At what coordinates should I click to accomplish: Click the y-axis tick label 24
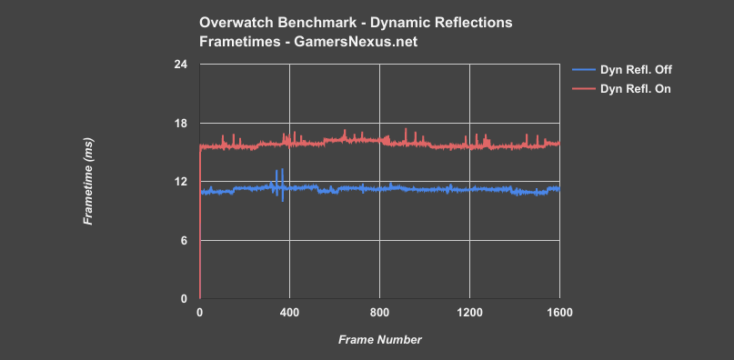pyautogui.click(x=181, y=65)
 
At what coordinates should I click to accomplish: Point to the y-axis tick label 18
pyautogui.click(x=181, y=123)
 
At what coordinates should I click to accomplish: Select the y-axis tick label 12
pyautogui.click(x=181, y=182)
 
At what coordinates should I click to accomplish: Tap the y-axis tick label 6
pyautogui.click(x=184, y=240)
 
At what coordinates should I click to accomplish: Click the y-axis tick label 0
pyautogui.click(x=184, y=298)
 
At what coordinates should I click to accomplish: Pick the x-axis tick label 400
pyautogui.click(x=289, y=312)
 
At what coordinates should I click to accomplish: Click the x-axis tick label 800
pyautogui.click(x=379, y=312)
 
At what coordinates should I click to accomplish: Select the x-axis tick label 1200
pyautogui.click(x=469, y=312)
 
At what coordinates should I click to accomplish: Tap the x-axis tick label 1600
pyautogui.click(x=558, y=312)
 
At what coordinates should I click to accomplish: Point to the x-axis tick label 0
pyautogui.click(x=200, y=312)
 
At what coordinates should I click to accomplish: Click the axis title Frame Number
pyautogui.click(x=379, y=339)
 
